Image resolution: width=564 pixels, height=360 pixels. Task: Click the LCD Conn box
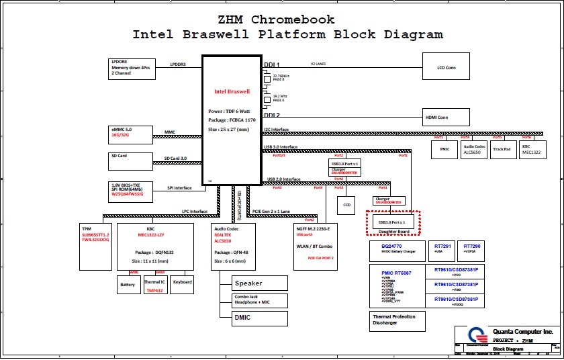445,67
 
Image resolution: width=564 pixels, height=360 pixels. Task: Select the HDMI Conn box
445,118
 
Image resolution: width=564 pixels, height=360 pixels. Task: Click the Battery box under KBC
128,284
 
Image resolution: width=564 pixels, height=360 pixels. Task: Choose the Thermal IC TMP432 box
154,284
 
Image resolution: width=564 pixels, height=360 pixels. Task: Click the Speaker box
259,283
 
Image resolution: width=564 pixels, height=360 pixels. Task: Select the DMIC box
259,317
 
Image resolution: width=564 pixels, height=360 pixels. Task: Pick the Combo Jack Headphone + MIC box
259,300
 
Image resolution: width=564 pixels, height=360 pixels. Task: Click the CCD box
347,204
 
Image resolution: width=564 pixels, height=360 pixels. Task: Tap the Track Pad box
502,148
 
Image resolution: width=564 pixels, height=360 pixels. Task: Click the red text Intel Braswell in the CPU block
232,91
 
